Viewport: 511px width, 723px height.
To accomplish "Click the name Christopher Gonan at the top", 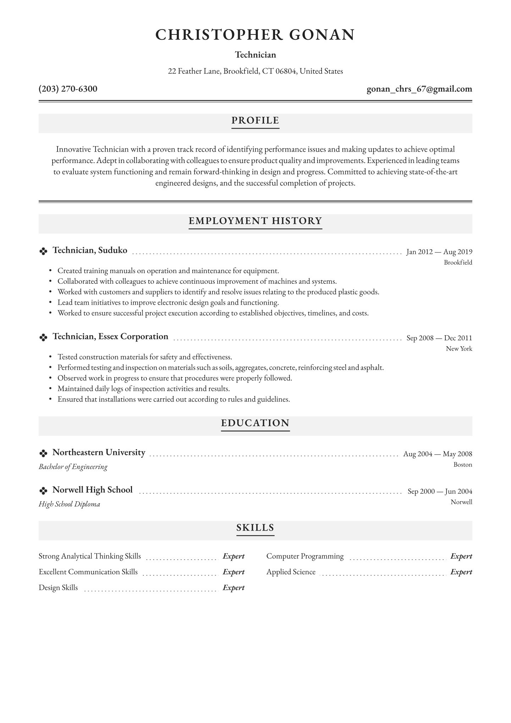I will [x=255, y=35].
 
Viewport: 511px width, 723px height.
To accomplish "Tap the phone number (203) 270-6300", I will [x=68, y=89].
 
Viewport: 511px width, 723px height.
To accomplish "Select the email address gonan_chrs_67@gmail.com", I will [x=419, y=89].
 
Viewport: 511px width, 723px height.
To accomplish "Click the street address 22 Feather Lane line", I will [x=255, y=71].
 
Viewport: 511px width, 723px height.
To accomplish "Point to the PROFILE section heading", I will [x=255, y=120].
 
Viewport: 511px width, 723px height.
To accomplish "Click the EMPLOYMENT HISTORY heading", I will [x=255, y=221].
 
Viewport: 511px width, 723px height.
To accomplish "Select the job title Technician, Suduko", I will [x=90, y=250].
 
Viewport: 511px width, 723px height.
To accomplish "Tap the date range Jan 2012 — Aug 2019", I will [x=439, y=252].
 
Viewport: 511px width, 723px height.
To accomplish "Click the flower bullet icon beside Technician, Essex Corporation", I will [x=43, y=338].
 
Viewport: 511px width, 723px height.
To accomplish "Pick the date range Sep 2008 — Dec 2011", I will [x=439, y=338].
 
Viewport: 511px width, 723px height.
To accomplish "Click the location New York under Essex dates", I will [x=459, y=349].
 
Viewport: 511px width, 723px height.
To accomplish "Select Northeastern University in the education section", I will [x=99, y=453].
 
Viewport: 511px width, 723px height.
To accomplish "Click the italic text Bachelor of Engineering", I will [x=73, y=467].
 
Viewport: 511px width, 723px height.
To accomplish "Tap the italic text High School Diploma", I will [x=69, y=504].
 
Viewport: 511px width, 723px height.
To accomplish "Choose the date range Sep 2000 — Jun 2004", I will [x=440, y=491].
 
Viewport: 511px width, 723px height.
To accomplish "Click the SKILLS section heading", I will [x=255, y=528].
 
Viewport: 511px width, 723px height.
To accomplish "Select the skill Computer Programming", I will [x=305, y=556].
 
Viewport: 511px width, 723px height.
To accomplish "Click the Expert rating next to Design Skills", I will [x=233, y=588].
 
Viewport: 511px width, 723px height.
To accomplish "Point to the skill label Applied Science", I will [x=291, y=572].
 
